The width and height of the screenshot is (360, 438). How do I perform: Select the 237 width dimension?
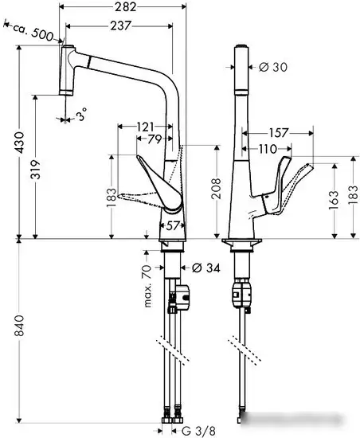coord(120,27)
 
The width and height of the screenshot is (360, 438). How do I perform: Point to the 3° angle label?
coord(80,117)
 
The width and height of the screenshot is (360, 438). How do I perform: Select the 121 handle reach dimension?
coord(144,127)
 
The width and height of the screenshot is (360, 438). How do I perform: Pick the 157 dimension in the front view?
coord(279,133)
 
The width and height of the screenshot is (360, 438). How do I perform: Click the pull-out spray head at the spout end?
coord(67,73)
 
